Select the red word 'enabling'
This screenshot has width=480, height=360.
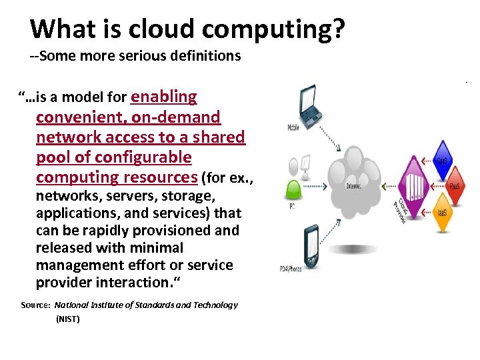coord(164,97)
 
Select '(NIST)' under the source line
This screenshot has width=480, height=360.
coord(67,319)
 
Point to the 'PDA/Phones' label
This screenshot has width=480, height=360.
coord(291,269)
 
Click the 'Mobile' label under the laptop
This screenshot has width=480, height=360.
coord(293,127)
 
